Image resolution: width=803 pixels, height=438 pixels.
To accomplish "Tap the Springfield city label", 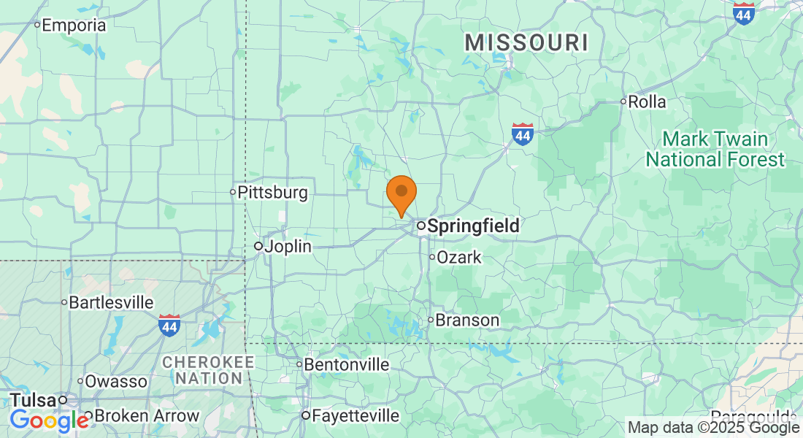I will click(x=472, y=226).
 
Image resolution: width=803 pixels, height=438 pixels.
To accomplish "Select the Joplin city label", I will click(x=287, y=247).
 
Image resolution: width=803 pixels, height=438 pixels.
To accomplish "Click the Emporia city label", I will click(x=74, y=26).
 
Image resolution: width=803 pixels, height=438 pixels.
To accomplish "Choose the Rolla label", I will click(x=647, y=101).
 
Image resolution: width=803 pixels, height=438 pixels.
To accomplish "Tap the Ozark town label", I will click(x=459, y=257).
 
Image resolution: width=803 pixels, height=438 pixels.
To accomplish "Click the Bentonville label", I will click(x=346, y=364).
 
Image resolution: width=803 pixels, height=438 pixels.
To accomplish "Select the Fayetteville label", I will click(x=355, y=416).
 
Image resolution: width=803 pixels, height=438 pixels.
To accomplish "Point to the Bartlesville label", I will click(x=111, y=302).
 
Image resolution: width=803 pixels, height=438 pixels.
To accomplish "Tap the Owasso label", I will click(x=116, y=381).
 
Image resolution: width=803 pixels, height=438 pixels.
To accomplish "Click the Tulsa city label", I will click(x=33, y=400).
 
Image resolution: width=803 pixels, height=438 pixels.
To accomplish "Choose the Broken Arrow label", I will click(x=146, y=416).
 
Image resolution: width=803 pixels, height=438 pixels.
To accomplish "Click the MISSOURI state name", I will click(x=526, y=43).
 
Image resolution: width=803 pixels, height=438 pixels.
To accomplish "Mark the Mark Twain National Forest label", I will click(x=715, y=149).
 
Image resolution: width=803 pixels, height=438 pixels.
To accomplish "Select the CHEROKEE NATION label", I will click(x=208, y=370).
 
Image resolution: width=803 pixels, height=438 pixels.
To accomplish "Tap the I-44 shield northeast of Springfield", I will click(x=522, y=134).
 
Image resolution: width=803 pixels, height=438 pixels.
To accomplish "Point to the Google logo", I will click(x=49, y=420).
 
